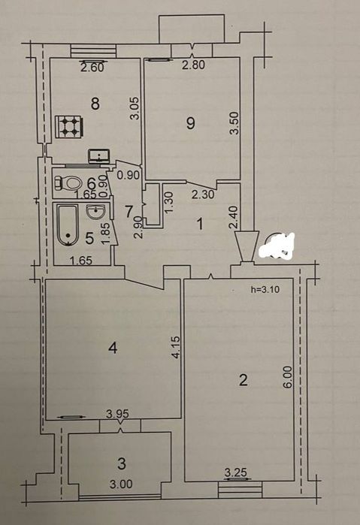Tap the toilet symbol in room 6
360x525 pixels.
pos(68,183)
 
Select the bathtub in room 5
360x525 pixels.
pos(68,225)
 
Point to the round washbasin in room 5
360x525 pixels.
pos(95,212)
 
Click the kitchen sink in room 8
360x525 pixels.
pos(99,155)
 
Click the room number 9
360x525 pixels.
pos(190,123)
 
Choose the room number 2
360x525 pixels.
pos(244,380)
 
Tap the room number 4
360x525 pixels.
pos(113,348)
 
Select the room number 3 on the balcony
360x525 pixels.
pos(122,463)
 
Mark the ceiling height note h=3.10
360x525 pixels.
pos(265,290)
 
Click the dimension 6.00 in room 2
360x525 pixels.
pos(289,377)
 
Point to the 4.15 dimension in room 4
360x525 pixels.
pos(177,348)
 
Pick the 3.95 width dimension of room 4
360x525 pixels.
pos(117,414)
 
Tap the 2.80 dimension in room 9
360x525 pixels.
pos(193,65)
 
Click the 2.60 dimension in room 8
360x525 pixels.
pos(92,68)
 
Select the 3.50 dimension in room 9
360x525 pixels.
pos(235,123)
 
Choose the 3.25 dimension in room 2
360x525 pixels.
pos(236,472)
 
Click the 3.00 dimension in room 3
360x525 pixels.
pos(121,484)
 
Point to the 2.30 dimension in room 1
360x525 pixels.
pos(203,195)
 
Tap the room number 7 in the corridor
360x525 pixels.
pos(129,211)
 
